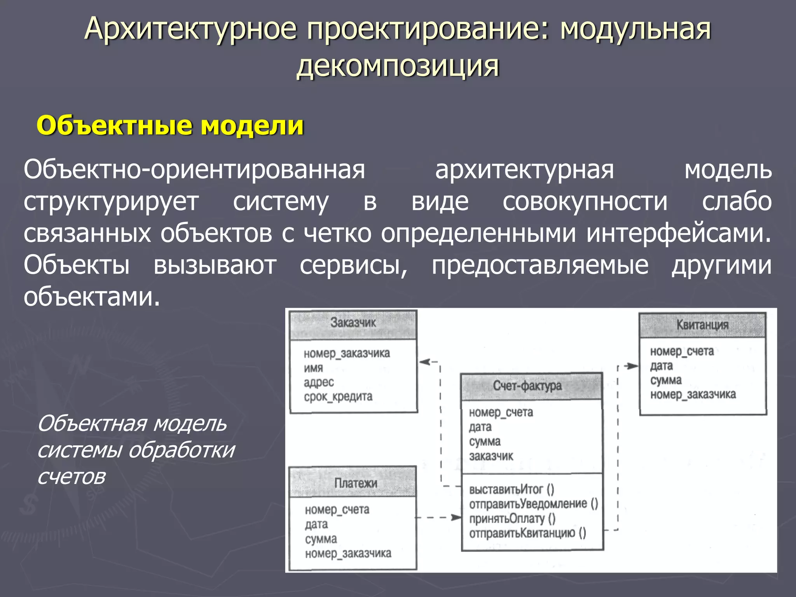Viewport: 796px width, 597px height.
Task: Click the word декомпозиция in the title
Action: (x=397, y=66)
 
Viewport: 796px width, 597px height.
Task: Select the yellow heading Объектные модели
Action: (x=170, y=126)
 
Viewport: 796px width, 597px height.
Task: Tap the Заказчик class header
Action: (x=353, y=323)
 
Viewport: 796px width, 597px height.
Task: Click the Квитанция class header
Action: (x=702, y=325)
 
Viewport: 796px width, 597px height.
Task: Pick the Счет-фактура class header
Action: (x=527, y=386)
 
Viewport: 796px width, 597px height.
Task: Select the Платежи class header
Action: (x=355, y=483)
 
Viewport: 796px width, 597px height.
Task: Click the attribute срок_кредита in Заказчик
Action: (x=338, y=397)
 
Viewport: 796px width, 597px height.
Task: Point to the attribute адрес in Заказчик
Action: (x=319, y=382)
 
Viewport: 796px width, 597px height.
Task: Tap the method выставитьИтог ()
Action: (x=511, y=489)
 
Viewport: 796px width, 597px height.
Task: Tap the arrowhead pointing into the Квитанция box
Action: (x=633, y=366)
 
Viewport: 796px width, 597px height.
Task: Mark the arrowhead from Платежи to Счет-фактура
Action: (x=456, y=517)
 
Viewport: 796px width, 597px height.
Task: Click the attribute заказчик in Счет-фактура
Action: (x=491, y=456)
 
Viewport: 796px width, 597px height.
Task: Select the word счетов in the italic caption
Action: (x=72, y=477)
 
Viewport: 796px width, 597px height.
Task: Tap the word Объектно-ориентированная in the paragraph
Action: (x=194, y=170)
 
